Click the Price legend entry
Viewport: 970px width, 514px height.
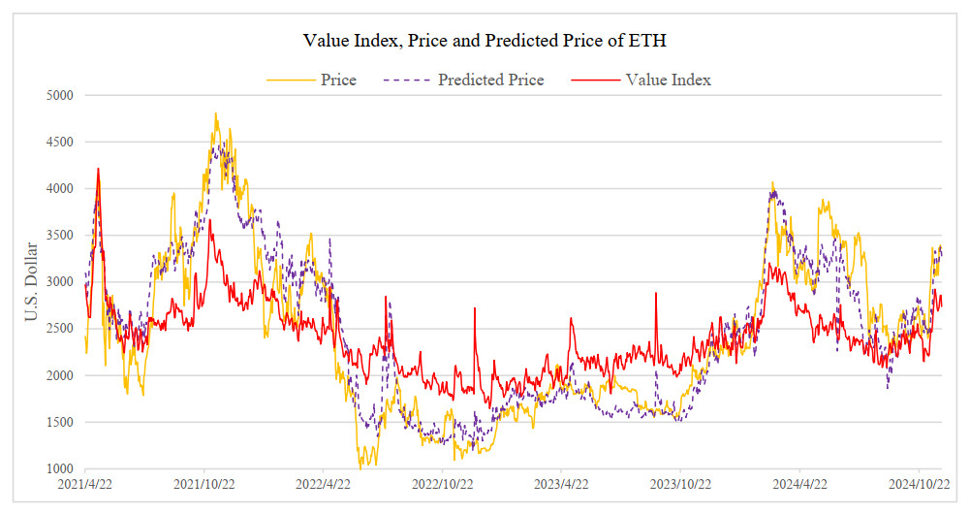338,80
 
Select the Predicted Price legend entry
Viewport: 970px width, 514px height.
490,80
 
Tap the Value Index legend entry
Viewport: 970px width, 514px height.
668,80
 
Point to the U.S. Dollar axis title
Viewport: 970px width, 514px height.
31,281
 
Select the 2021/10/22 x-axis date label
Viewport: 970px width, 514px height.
205,483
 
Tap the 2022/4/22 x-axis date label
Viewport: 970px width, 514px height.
325,483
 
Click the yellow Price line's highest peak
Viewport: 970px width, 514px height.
215,113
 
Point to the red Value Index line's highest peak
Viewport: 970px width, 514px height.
98,169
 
